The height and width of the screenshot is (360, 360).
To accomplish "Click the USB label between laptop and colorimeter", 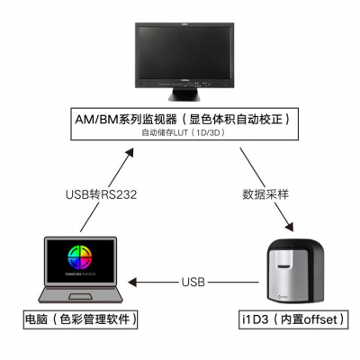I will (x=193, y=281).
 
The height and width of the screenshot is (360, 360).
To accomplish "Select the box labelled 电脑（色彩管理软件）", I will (x=81, y=319).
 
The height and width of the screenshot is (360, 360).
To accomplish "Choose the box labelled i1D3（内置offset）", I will (x=292, y=319).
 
